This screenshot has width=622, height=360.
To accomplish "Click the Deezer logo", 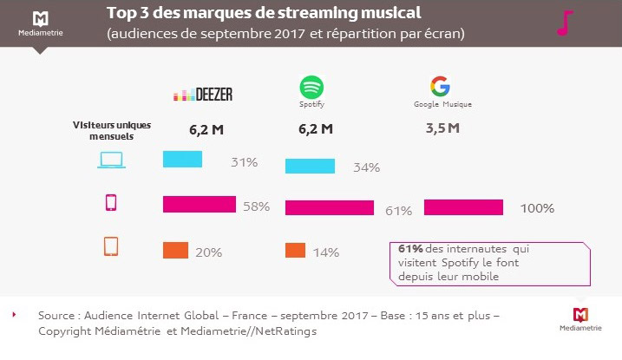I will [204, 95].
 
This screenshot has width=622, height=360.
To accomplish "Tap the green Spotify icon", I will [311, 88].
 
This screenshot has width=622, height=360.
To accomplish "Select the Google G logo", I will [440, 87].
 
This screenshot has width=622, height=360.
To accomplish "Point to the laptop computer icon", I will [112, 160].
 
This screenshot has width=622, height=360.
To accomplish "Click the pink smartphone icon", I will [111, 204].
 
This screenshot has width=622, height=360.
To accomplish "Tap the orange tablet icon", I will [111, 247].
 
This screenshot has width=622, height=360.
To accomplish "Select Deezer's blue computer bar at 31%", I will [183, 160].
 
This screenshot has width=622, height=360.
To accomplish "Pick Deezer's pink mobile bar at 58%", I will [200, 204].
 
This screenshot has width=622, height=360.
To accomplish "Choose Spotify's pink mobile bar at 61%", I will [330, 208].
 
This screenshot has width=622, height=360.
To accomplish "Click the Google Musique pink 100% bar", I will [463, 207].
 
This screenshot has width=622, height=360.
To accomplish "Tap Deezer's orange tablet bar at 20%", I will [176, 250].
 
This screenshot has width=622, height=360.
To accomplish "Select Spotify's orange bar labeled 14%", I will [295, 250].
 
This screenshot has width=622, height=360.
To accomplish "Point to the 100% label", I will [537, 208].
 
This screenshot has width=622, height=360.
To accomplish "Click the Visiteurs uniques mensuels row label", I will [110, 130].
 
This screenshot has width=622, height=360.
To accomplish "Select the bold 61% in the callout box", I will [410, 249].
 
